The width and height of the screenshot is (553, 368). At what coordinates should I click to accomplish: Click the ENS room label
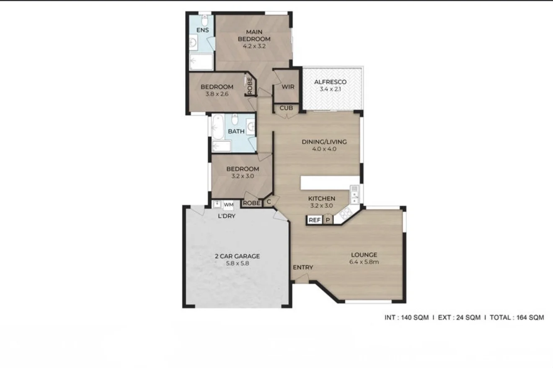click(203, 30)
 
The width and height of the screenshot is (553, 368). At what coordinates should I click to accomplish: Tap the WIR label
click(288, 87)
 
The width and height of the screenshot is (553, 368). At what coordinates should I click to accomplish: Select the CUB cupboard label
click(287, 108)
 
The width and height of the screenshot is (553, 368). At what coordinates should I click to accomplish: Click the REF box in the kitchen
click(315, 220)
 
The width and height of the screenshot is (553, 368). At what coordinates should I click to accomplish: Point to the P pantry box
click(328, 220)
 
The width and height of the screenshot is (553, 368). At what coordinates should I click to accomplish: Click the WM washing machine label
click(228, 204)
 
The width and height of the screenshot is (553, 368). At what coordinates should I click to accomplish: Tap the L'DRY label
click(226, 216)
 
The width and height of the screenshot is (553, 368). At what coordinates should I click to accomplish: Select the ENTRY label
click(303, 267)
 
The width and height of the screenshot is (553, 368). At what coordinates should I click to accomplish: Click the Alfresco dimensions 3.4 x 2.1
click(330, 89)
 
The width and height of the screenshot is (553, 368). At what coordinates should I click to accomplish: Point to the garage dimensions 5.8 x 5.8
click(238, 263)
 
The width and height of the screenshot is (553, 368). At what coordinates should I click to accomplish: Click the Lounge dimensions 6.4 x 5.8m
click(364, 262)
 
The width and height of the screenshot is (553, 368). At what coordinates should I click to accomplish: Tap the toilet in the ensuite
click(205, 20)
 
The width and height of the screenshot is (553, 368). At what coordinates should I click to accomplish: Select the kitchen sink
click(355, 195)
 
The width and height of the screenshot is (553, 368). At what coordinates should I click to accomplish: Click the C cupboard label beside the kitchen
click(269, 202)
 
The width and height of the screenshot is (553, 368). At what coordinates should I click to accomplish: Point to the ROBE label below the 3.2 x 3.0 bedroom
click(251, 203)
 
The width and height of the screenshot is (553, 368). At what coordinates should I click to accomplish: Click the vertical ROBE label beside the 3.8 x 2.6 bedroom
click(250, 86)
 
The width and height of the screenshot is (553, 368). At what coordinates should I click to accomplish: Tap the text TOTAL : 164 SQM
click(517, 317)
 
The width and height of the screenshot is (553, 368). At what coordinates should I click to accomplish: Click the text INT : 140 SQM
click(407, 317)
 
